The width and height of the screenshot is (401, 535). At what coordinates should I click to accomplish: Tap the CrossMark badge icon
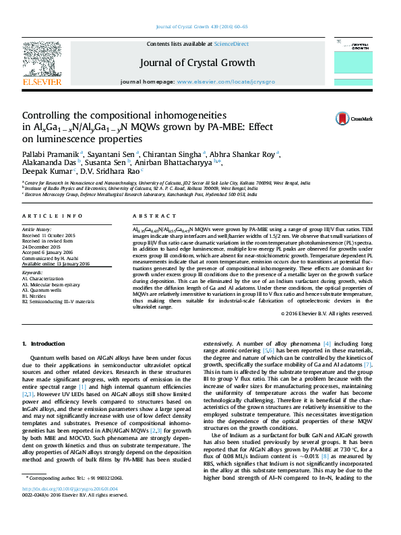tap(346, 119)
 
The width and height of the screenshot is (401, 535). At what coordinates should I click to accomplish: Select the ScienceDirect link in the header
tap(230, 44)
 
